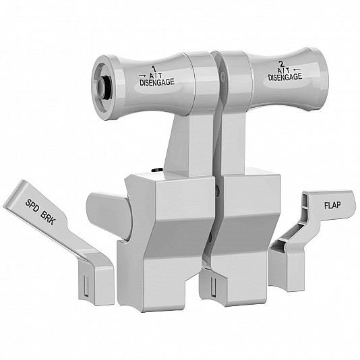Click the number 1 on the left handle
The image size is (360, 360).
pos(154,69)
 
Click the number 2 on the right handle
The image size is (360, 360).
pos(280,63)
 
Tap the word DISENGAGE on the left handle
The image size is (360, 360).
pos(157,83)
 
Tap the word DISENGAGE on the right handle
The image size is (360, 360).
pos(285,78)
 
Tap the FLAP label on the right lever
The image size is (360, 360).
pos(334,205)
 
